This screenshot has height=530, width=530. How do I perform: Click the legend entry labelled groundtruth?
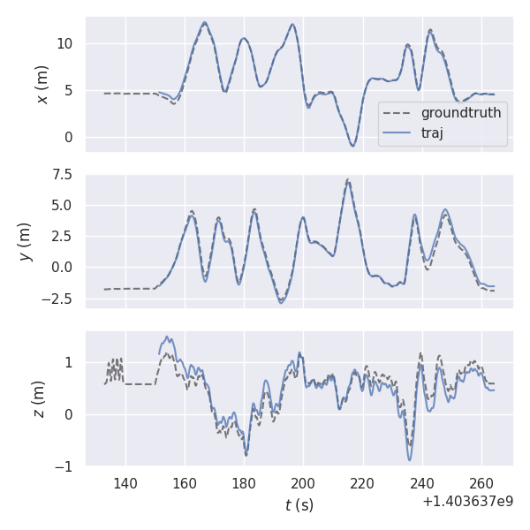(460, 113)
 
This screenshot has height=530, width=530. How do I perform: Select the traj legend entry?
(432, 133)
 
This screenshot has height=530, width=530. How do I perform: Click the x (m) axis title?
(42, 84)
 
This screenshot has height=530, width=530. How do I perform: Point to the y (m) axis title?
(26, 241)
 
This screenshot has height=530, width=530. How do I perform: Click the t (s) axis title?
(299, 505)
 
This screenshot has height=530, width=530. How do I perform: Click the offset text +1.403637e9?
(467, 501)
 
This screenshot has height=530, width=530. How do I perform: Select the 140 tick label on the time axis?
(125, 483)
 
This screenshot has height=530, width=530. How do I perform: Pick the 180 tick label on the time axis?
(244, 483)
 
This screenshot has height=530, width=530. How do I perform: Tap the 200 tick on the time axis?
(303, 483)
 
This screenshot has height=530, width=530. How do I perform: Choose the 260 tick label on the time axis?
(481, 483)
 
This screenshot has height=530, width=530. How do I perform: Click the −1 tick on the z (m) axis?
(64, 466)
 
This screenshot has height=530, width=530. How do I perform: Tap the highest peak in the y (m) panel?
(348, 180)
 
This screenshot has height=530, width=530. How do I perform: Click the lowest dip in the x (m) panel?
(352, 146)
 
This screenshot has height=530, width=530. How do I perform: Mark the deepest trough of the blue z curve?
(410, 459)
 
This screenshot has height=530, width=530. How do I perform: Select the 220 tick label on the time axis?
(362, 483)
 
